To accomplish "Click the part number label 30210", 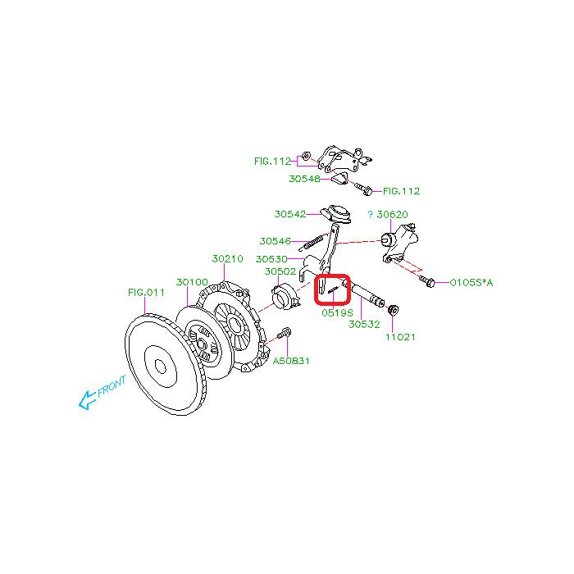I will point(227,258).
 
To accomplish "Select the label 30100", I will point(192,281).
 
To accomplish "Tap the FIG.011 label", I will point(146,291).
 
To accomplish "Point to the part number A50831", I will point(290,360).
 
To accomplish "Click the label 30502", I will point(280,271).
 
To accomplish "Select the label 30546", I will point(275,241).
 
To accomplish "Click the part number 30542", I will point(290,214).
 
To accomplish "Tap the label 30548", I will point(304,178).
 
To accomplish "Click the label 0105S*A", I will point(471,282).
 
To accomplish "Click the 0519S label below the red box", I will point(337,312).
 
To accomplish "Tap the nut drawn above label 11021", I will point(392,310).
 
